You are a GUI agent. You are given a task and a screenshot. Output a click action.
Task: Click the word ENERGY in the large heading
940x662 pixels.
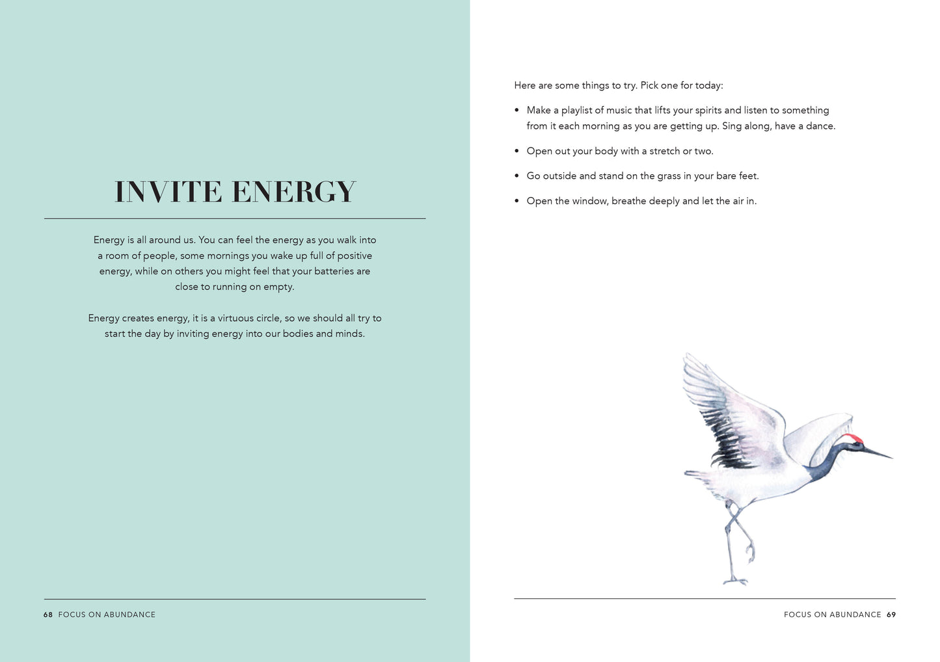point(293,192)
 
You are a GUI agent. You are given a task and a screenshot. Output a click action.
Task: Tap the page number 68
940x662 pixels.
point(48,615)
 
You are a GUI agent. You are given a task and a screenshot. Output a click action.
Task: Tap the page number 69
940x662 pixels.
point(891,615)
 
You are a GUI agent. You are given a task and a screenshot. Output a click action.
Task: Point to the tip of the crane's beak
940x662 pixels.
point(892,458)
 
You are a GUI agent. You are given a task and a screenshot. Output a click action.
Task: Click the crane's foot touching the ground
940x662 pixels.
point(735,581)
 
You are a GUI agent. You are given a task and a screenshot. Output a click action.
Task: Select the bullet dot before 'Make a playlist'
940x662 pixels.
point(517,111)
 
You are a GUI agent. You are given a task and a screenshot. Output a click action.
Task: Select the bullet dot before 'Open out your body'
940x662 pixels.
point(517,152)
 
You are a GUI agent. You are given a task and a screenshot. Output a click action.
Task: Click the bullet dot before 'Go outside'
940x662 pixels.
point(517,176)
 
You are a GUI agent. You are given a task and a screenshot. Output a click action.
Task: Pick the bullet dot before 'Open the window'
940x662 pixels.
point(517,202)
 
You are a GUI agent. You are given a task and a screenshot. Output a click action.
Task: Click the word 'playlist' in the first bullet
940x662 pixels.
point(576,111)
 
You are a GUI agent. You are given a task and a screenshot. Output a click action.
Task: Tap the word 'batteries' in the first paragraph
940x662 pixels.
point(334,271)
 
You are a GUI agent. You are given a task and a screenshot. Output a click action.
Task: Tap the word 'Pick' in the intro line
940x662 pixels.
point(649,85)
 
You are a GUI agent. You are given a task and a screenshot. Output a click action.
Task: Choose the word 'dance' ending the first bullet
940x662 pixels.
point(819,126)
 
